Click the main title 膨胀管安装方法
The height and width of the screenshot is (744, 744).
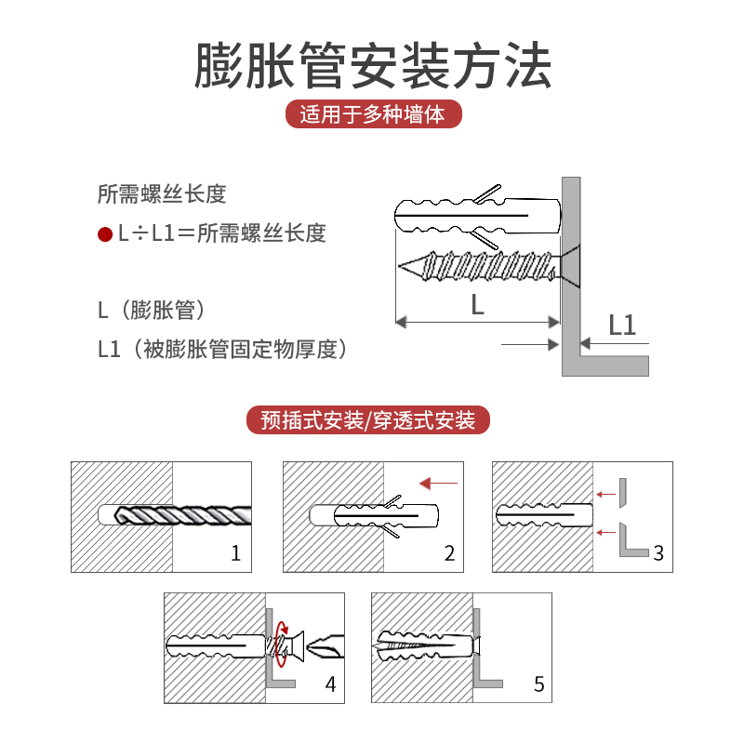372,65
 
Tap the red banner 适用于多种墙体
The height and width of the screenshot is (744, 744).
372,114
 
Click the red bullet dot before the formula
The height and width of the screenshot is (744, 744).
105,232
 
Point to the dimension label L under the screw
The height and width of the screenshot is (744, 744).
477,305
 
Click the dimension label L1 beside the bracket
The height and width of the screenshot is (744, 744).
622,325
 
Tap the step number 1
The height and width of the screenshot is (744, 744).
235,554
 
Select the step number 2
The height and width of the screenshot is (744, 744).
449,554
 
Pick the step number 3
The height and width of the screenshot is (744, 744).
658,554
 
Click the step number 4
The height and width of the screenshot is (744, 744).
330,685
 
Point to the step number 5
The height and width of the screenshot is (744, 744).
539,685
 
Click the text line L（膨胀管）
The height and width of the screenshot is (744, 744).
151,310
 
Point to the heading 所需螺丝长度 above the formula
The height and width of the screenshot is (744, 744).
162,194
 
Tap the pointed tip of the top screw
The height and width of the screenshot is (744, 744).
402,266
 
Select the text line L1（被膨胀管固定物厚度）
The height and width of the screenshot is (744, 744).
222,350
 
